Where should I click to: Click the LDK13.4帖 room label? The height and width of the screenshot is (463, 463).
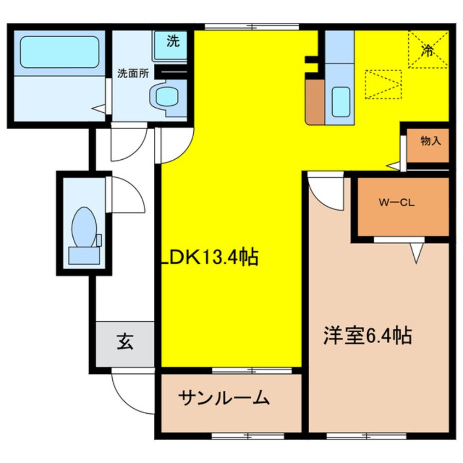pyautogui.click(x=210, y=257)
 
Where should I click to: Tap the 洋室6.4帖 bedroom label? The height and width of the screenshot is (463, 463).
pyautogui.click(x=368, y=335)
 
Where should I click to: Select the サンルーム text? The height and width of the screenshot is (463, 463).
pyautogui.click(x=224, y=398)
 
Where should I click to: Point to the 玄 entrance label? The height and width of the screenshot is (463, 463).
pyautogui.click(x=125, y=342)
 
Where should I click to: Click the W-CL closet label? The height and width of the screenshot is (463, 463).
pyautogui.click(x=397, y=203)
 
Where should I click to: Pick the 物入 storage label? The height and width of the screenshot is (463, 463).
pyautogui.click(x=431, y=141)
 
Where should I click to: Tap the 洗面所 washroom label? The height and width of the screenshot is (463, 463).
pyautogui.click(x=133, y=73)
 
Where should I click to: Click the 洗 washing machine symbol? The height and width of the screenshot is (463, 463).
pyautogui.click(x=172, y=41)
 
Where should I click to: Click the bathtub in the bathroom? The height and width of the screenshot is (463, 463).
pyautogui.click(x=59, y=52)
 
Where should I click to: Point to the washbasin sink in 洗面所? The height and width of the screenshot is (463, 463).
pyautogui.click(x=167, y=96)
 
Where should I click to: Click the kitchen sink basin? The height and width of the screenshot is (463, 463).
pyautogui.click(x=340, y=101)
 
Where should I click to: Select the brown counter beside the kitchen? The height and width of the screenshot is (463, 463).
pyautogui.click(x=315, y=101)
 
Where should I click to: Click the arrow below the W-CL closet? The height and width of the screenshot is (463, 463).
pyautogui.click(x=416, y=253)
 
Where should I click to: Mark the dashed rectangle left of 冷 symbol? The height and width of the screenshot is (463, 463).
pyautogui.click(x=384, y=84)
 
